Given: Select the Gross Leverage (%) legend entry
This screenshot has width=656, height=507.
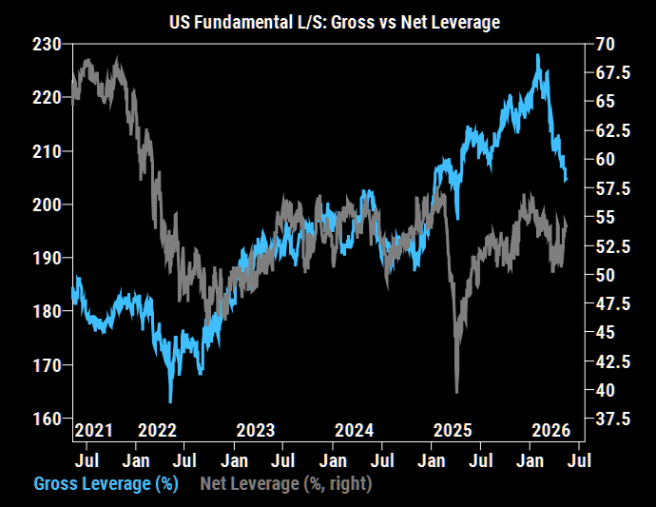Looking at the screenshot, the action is coord(106,483).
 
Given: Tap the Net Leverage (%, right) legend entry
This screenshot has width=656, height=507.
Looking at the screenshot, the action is coord(286,483).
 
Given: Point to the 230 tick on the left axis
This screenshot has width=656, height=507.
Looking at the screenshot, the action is coord(47,45).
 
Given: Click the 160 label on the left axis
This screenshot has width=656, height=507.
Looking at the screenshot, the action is coord(47,419).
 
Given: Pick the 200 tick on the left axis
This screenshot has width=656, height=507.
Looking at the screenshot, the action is coord(47,205).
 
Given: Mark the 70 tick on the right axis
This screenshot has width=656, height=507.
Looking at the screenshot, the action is coord(605,44).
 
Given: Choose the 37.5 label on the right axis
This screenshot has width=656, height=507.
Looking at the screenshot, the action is coord(612,419).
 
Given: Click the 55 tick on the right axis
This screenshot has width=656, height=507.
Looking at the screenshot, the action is coord(605,217).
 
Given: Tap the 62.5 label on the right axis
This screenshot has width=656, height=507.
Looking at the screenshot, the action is coord(612,130).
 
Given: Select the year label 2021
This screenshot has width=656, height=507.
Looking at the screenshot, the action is coord(94,430).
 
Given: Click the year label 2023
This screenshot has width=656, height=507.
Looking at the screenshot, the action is coord(256,430).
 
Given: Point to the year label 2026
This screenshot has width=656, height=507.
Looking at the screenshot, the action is coord(551,430).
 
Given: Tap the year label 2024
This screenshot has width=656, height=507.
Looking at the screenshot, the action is coord(355,430).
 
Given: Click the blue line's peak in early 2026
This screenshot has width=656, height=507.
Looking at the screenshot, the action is coord(538,55).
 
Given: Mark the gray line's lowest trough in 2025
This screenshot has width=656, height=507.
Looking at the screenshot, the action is coord(457,392).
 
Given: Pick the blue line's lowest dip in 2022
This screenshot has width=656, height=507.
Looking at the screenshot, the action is coord(170,402).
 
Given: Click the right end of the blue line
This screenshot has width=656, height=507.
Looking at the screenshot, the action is coord(566,181).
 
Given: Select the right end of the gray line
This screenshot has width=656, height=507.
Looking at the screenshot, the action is coord(567,226).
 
